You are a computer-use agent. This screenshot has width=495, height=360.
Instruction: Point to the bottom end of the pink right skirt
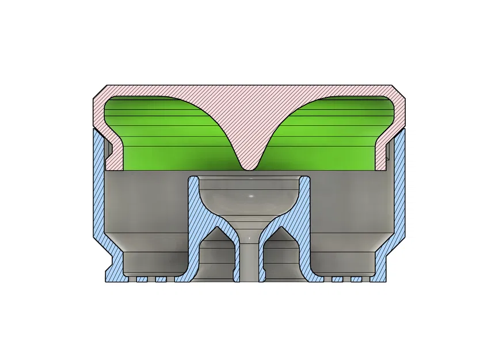tap(382, 168)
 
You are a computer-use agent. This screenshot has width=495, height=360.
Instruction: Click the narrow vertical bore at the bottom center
tap(249, 259)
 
